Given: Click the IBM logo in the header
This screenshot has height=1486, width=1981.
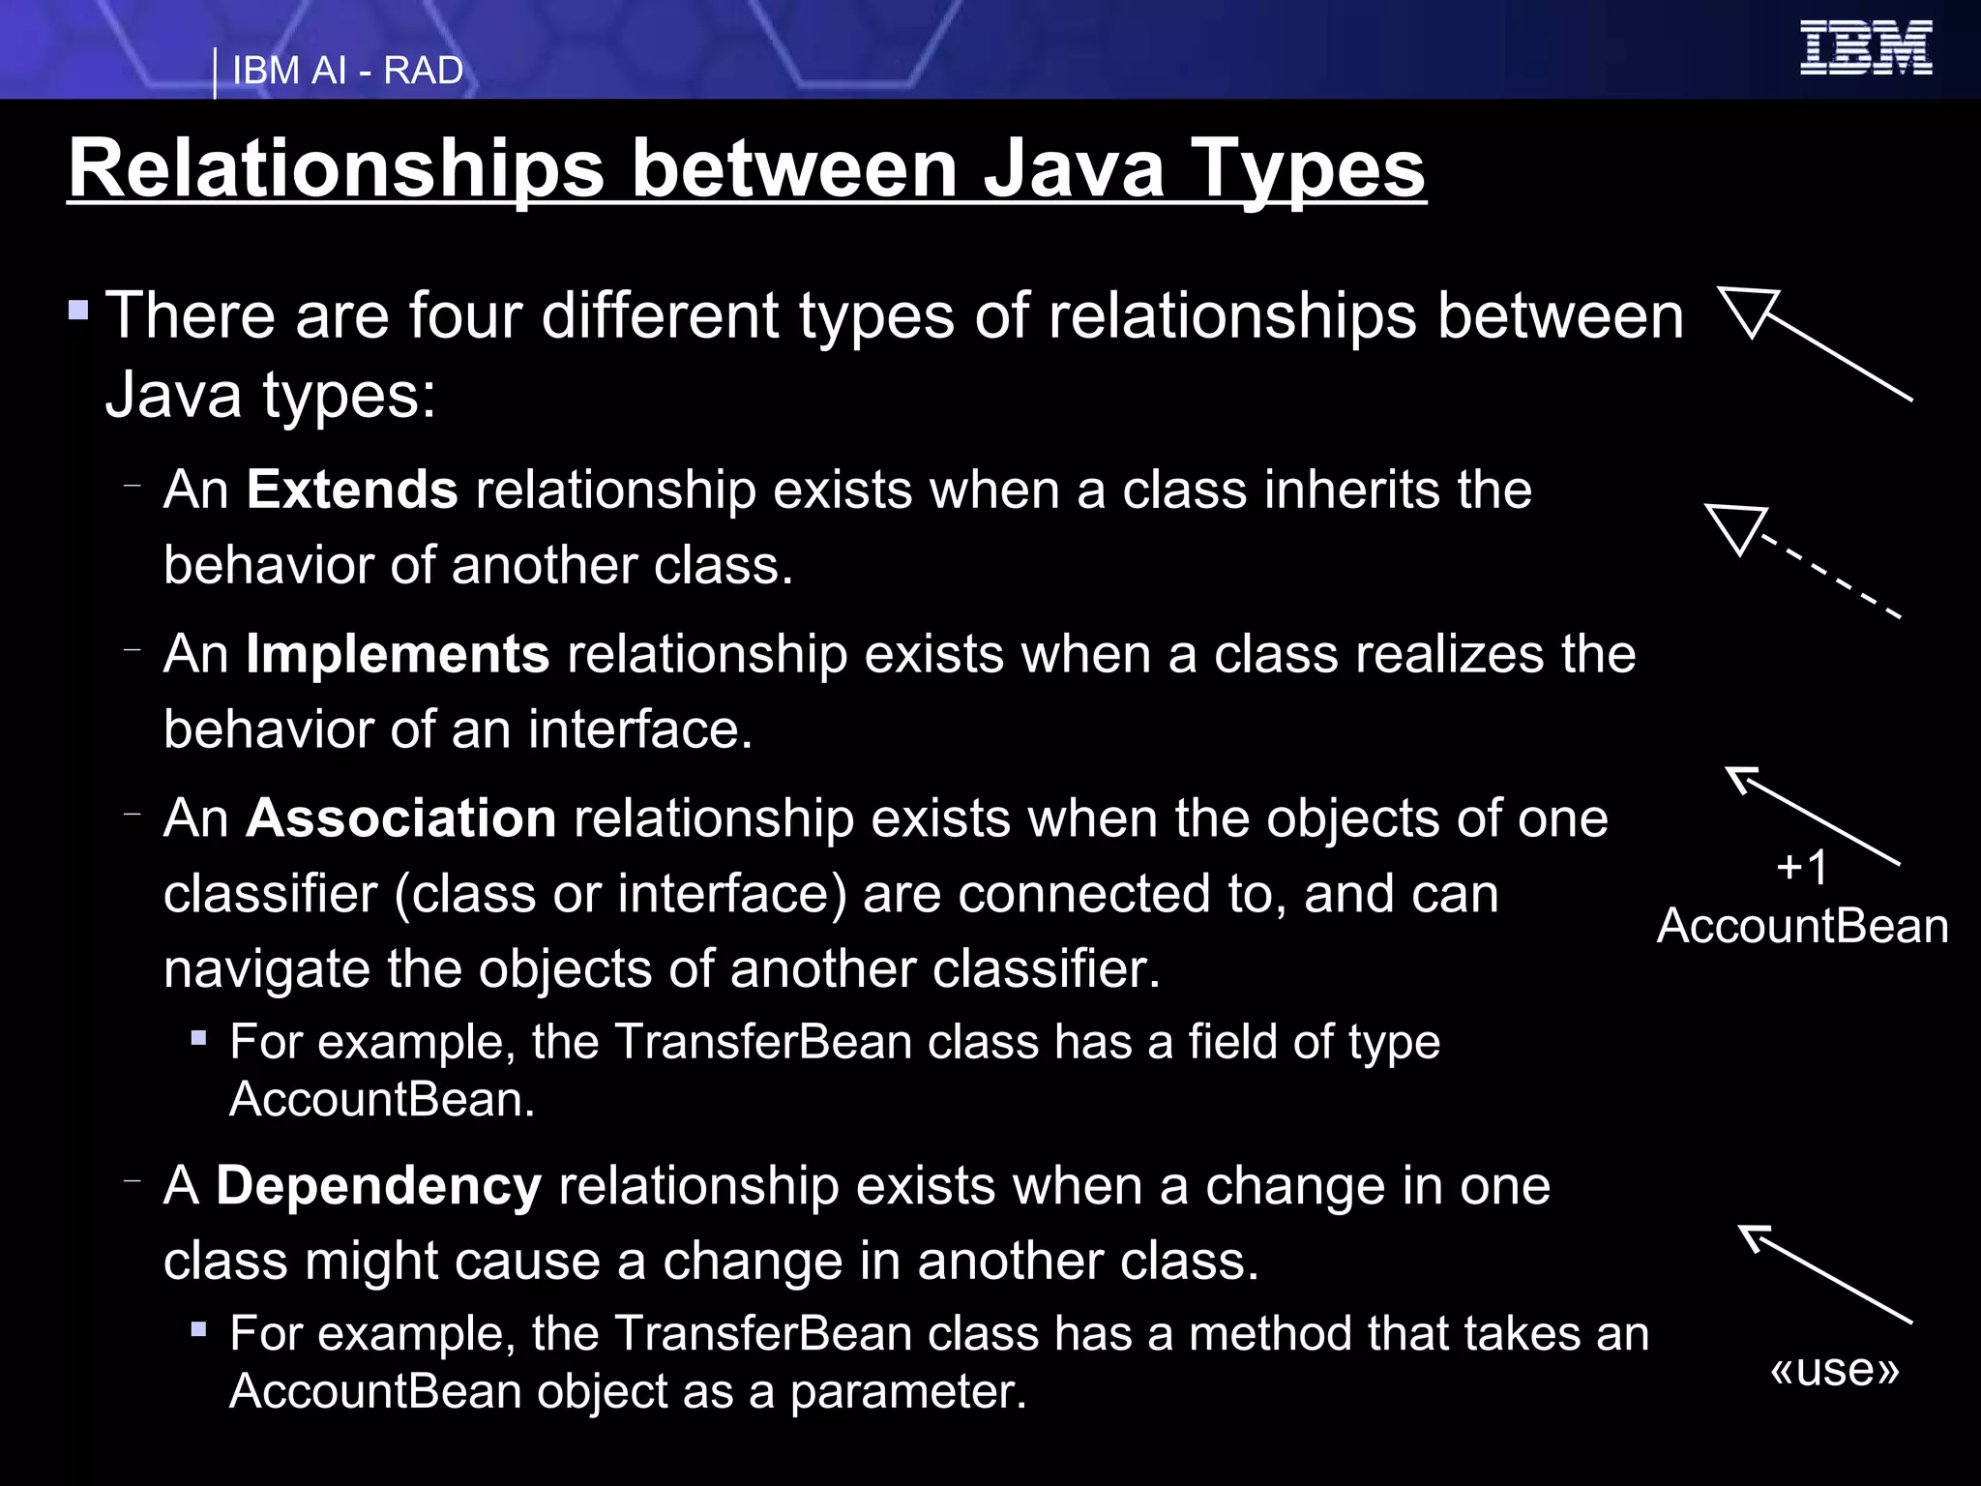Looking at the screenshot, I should click(1866, 48).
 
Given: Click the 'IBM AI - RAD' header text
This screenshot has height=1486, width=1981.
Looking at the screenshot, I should click(347, 71).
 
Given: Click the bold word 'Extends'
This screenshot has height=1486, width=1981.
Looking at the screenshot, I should click(352, 490).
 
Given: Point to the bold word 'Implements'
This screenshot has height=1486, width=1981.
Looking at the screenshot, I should click(398, 654).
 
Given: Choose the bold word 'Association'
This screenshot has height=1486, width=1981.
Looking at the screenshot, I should click(401, 818).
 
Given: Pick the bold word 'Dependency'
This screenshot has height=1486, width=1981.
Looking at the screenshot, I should click(378, 1186).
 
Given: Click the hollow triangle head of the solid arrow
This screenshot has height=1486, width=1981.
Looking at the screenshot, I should click(1746, 311).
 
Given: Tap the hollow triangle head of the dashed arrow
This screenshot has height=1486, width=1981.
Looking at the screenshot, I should click(1734, 527).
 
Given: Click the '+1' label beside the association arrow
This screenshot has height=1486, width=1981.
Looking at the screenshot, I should click(1802, 867).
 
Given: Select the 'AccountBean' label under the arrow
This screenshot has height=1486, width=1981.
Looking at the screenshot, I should click(1802, 927).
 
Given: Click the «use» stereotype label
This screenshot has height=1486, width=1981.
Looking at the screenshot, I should click(1834, 1369).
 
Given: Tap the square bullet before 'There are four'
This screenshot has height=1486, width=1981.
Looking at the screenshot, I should click(79, 312).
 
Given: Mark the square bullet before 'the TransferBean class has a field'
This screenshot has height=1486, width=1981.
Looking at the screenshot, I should click(199, 1039).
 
